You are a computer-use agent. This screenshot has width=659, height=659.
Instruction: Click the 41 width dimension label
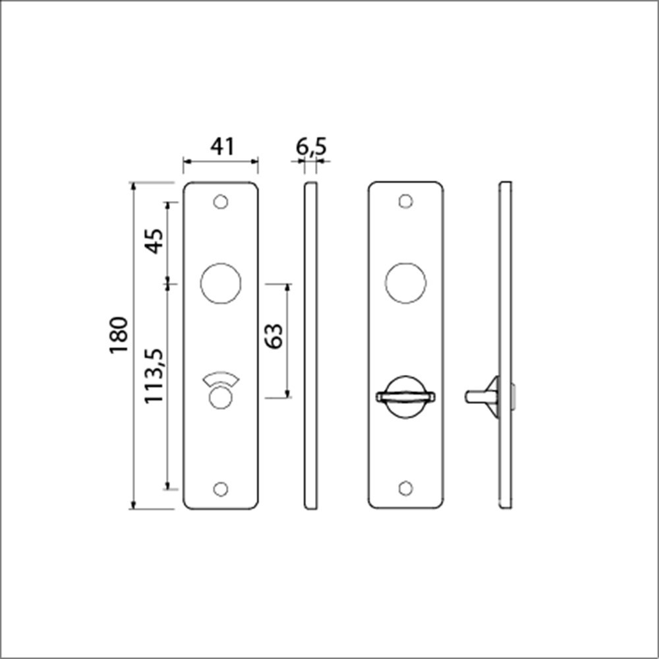(221, 146)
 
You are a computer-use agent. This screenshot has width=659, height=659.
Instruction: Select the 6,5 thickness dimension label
(311, 146)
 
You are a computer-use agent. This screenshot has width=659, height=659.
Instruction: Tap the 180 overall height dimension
(119, 335)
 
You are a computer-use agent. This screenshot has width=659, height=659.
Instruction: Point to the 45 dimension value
(154, 242)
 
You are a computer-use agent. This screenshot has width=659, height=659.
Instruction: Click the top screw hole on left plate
(221, 202)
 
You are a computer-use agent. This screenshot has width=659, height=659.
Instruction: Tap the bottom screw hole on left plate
(221, 488)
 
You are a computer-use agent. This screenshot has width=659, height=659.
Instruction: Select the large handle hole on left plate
(221, 285)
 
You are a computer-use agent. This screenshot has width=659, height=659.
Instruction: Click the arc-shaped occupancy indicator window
(221, 380)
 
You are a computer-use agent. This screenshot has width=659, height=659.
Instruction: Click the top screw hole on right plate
(406, 200)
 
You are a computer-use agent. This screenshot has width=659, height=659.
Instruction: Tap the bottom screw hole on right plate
(406, 488)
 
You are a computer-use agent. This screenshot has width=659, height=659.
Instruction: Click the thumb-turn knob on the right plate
(405, 396)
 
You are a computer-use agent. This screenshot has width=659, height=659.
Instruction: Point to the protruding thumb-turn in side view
(481, 396)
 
